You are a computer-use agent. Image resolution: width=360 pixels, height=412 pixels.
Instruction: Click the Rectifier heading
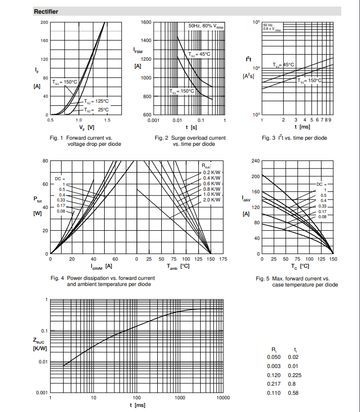point(46,12)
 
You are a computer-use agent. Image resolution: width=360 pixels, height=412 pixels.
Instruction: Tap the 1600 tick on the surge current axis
point(146,22)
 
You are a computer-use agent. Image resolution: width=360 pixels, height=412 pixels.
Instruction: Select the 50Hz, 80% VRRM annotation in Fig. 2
point(206,26)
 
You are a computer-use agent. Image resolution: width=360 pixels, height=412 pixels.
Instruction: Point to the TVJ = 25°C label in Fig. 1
point(96,110)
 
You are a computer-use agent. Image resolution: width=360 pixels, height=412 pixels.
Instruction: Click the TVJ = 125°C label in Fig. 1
point(96,101)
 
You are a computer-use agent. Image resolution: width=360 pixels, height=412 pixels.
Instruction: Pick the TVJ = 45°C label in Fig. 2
point(199,54)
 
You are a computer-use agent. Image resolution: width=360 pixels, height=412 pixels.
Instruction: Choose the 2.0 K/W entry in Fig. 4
point(211,200)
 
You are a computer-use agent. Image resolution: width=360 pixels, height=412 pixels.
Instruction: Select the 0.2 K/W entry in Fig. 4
point(211,173)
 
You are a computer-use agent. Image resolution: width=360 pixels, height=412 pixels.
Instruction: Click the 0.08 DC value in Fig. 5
point(323,217)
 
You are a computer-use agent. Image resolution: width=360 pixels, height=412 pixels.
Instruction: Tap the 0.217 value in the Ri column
point(274,384)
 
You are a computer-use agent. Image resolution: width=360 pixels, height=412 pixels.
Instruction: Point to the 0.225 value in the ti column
point(295,375)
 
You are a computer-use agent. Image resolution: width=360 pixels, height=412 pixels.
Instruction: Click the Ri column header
point(274,350)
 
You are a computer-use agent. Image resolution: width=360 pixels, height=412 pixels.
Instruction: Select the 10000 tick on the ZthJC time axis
point(223,398)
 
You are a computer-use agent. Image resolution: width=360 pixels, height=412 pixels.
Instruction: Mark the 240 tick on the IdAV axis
point(255,161)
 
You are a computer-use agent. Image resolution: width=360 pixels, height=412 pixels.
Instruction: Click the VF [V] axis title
point(87,128)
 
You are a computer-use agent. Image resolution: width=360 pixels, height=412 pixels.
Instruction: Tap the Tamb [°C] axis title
point(178,266)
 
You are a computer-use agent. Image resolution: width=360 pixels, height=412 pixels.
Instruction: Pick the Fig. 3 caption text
point(294,138)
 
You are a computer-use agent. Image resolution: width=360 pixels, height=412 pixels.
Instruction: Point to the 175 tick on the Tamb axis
point(223,259)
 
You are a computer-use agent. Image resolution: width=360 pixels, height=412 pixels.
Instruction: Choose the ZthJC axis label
point(38,341)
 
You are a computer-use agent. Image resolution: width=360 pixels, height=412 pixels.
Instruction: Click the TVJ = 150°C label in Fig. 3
point(309,80)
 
